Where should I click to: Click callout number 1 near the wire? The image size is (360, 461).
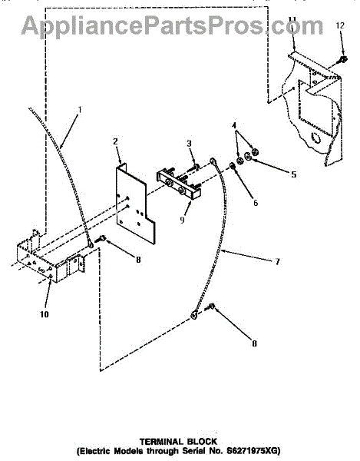point(79,110)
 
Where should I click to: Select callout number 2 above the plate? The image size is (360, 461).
point(115,141)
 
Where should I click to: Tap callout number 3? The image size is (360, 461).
point(190,144)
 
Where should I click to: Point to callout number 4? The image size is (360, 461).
point(234,125)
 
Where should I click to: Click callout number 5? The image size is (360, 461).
point(294,174)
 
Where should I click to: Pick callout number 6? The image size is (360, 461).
point(256,203)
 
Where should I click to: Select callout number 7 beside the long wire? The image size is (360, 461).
point(278,261)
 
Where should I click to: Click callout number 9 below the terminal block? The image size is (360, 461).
point(182,220)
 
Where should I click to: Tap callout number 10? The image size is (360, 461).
point(44,314)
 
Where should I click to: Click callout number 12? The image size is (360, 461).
point(340,25)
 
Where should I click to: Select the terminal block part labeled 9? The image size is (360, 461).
point(179,184)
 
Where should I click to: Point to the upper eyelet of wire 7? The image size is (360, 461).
point(213,161)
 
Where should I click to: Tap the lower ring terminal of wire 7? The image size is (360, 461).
point(194,315)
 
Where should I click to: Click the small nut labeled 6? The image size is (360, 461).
point(233,167)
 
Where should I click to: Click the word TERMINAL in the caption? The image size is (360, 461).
point(161,442)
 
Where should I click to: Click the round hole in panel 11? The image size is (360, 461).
point(316,138)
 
